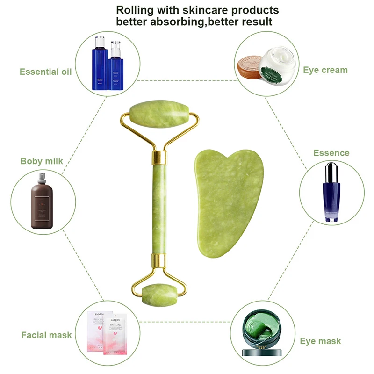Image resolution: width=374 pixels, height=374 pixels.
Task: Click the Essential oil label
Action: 45,72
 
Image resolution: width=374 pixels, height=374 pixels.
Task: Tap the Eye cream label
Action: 325,70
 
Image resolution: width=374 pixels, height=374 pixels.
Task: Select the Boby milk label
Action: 42,161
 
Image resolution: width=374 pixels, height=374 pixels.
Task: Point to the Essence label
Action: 331,153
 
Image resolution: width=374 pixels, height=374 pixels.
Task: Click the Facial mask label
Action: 47,335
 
